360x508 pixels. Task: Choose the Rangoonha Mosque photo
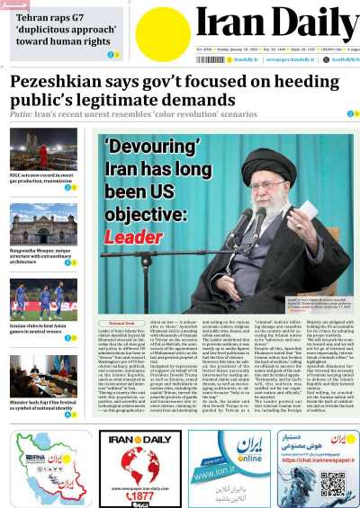(43, 224)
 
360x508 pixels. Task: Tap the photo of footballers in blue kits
(43, 300)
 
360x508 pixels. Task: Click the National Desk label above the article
(121, 322)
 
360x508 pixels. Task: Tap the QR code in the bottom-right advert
(333, 484)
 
